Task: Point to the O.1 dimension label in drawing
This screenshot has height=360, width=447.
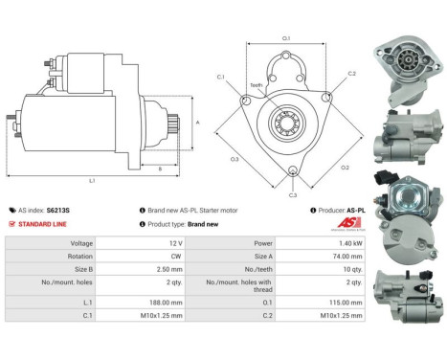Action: (286, 39)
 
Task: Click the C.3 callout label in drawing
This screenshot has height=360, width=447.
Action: (292, 194)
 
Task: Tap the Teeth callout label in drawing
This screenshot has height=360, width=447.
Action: (256, 85)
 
